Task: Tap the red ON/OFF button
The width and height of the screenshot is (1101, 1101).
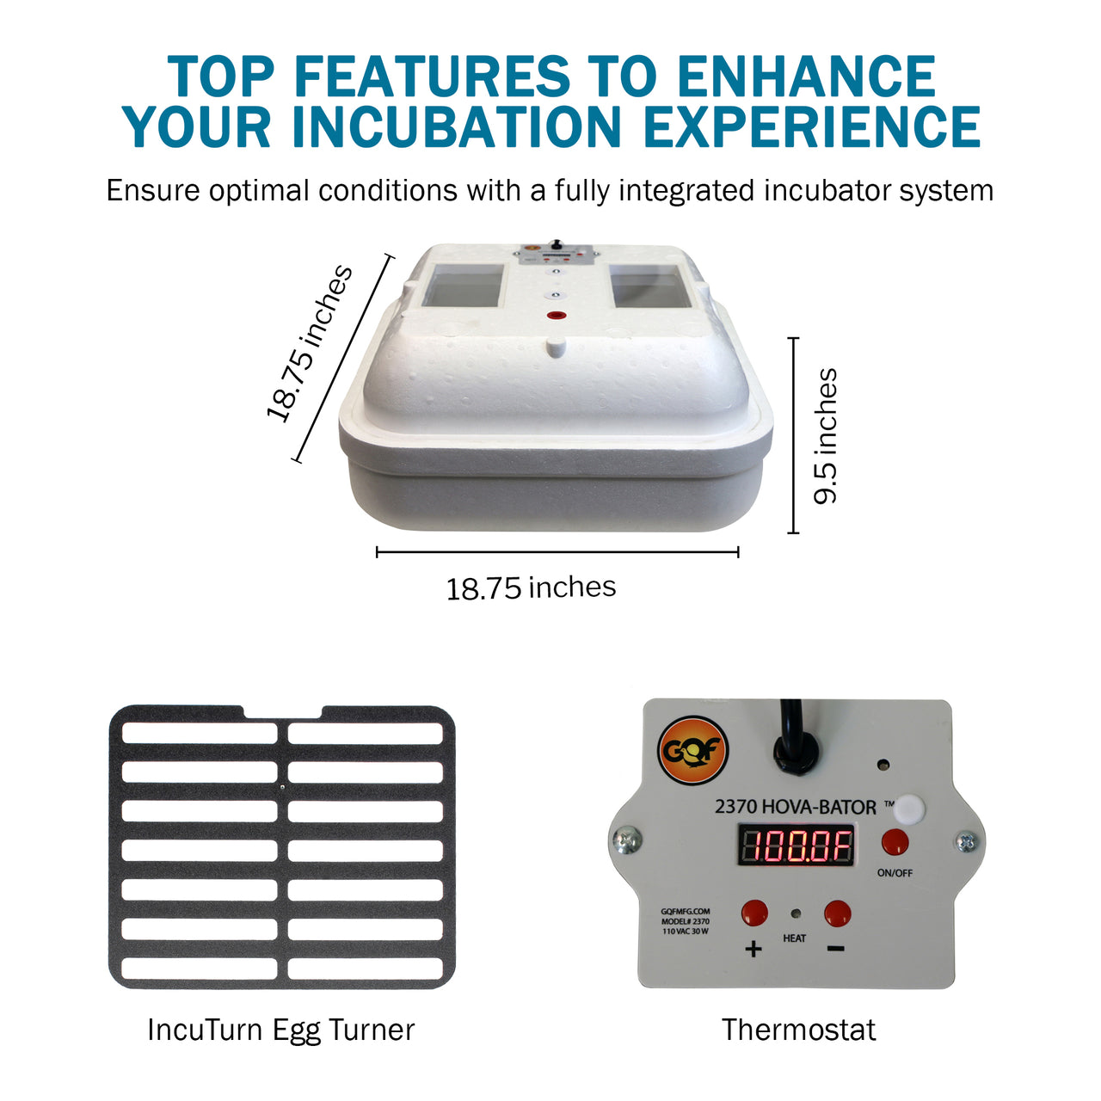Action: point(895,841)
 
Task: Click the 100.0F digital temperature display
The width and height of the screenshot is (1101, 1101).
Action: point(797,846)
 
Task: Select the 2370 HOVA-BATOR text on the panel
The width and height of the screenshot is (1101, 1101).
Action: point(796,807)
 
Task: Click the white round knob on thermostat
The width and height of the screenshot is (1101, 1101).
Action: point(907,809)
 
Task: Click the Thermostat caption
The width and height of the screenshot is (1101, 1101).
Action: point(798,1030)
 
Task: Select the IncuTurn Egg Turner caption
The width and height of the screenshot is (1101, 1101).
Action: point(281,1030)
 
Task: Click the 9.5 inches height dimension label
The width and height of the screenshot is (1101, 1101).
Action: point(826,436)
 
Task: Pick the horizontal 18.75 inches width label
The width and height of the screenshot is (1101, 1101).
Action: point(531,588)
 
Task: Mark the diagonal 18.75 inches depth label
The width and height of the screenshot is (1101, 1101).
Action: point(310,344)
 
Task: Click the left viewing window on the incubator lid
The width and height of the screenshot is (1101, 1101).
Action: point(465,287)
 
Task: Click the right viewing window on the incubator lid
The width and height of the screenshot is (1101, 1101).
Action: point(649,287)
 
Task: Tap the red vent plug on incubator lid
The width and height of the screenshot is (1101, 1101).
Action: point(556,316)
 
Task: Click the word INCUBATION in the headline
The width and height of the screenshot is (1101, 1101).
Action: point(456,127)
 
